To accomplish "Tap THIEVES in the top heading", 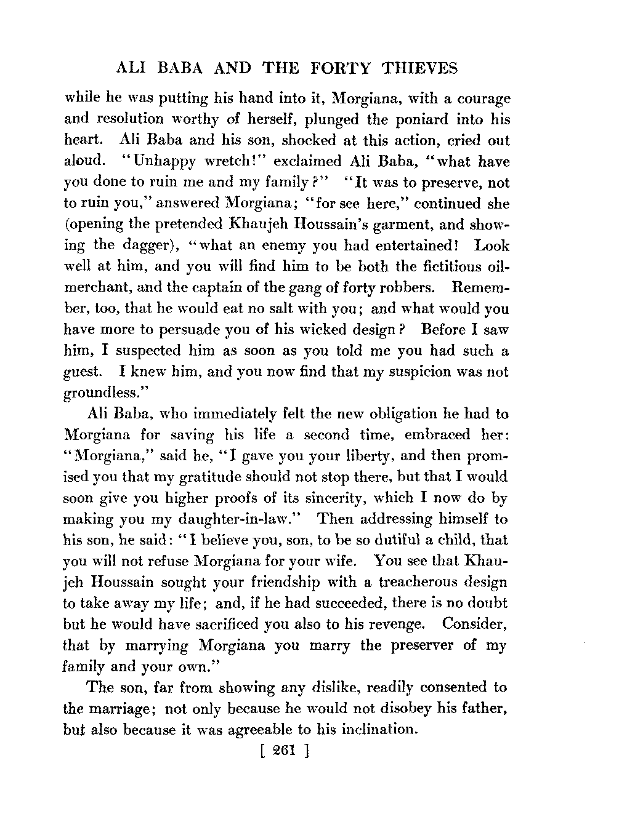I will [420, 68].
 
